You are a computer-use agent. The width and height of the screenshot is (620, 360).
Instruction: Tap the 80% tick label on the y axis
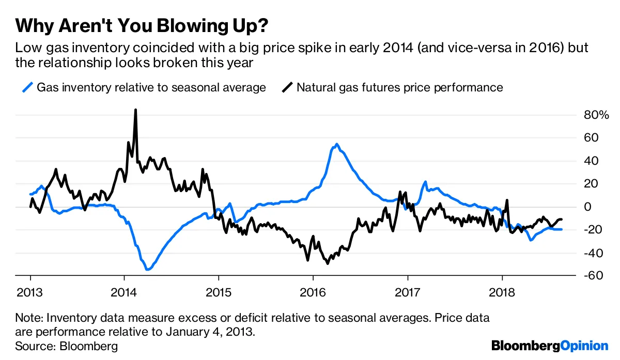pos(596,115)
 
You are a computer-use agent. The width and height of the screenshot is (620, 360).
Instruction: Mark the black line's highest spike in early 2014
pos(135,110)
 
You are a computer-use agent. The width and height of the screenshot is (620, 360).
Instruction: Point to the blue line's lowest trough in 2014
pos(148,269)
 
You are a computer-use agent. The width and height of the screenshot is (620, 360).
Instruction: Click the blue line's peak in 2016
pos(337,145)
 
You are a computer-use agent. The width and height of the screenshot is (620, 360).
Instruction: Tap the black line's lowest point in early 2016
pos(327,263)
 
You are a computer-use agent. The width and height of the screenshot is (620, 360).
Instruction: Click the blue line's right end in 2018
pos(562,229)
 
